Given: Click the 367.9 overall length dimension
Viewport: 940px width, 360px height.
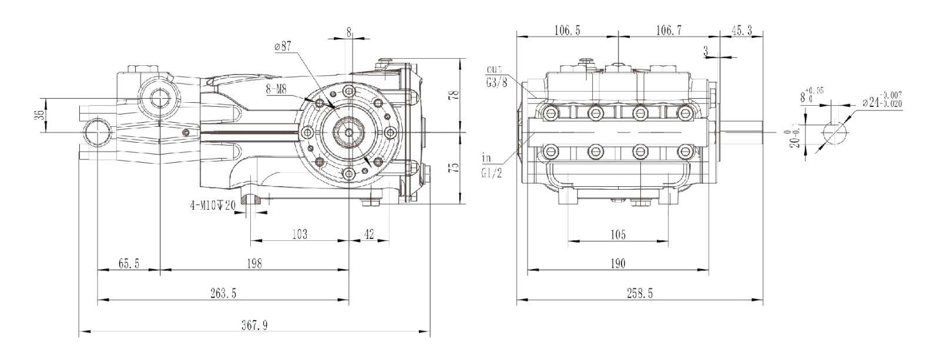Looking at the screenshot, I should click(254, 325).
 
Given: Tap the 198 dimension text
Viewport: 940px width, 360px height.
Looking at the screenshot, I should click(254, 264).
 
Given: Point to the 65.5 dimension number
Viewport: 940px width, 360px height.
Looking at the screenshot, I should click(129, 264).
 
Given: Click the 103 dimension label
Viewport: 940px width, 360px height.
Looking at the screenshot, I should click(299, 234).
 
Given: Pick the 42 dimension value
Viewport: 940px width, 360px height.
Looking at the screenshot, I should click(369, 234).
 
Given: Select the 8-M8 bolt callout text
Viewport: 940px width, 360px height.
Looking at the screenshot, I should click(277, 89).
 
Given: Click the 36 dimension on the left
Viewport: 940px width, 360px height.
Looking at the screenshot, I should click(38, 115).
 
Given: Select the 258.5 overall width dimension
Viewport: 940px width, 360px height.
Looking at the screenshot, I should click(640, 293).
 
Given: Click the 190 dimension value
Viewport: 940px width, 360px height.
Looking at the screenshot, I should click(617, 264).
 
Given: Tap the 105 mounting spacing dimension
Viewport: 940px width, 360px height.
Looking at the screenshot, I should click(617, 234).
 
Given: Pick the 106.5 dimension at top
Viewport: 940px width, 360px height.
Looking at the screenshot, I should click(568, 31).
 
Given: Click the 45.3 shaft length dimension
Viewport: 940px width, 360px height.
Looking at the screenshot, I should click(741, 31).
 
